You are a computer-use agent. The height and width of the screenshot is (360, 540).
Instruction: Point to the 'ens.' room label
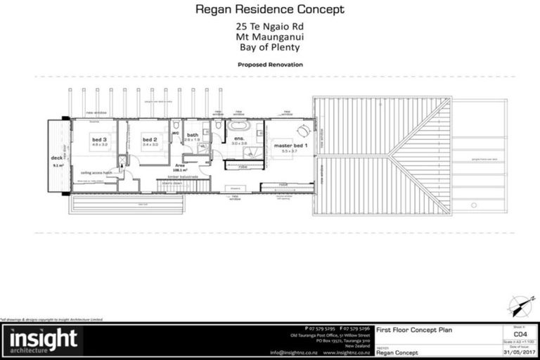pyautogui.click(x=239, y=140)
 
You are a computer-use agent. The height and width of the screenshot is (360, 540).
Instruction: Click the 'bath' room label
pyautogui.click(x=193, y=135)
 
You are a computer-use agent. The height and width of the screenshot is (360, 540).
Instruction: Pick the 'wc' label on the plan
pyautogui.click(x=176, y=132)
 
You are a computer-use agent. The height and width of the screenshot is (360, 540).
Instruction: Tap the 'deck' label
pyautogui.click(x=56, y=159)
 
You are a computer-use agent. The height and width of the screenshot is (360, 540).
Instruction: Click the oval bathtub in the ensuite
pyautogui.click(x=240, y=127)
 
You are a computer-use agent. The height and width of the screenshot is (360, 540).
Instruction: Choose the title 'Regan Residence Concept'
pyautogui.click(x=269, y=10)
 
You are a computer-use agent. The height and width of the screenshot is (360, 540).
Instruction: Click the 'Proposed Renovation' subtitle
pyautogui.click(x=270, y=64)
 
